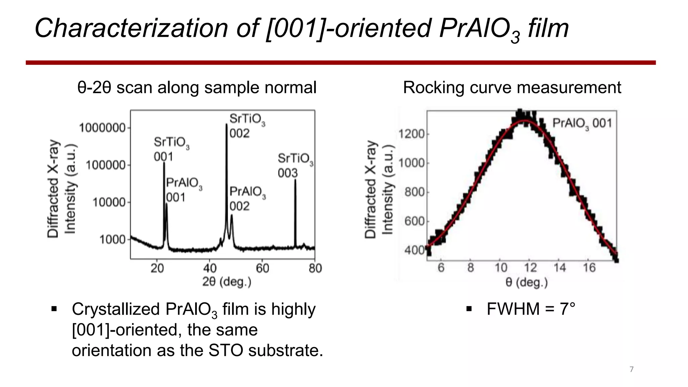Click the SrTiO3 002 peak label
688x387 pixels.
click(x=247, y=126)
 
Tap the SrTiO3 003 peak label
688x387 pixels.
click(x=295, y=165)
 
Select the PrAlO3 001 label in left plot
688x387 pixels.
click(x=184, y=190)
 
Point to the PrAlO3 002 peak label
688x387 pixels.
click(x=248, y=199)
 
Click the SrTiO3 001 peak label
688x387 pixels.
click(x=171, y=149)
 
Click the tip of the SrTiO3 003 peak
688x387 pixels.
click(x=295, y=180)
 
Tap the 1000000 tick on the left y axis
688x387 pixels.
click(x=102, y=128)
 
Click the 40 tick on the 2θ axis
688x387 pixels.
click(x=210, y=268)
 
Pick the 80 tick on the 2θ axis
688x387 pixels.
click(x=315, y=268)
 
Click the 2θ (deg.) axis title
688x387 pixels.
click(x=227, y=282)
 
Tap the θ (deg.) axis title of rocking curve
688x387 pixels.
click(x=526, y=282)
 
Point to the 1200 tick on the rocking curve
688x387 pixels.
click(x=412, y=134)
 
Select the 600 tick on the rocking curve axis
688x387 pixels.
click(x=415, y=221)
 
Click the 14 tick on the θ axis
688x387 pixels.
click(x=560, y=268)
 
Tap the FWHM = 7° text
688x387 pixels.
click(x=531, y=309)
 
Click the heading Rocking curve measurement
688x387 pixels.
click(x=512, y=87)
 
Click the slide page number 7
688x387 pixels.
click(x=631, y=369)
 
